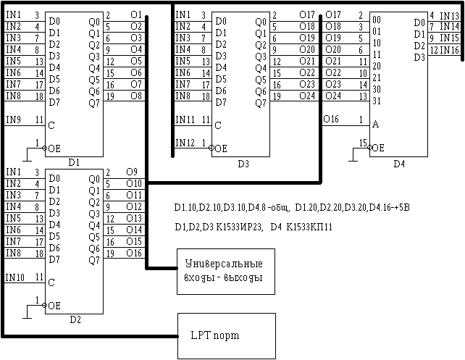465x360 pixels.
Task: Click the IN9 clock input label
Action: [14, 120]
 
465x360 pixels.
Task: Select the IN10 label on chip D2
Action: [15, 277]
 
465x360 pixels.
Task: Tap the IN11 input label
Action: [186, 120]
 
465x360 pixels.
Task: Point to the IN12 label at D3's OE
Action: [186, 142]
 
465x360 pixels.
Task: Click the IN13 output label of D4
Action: [449, 15]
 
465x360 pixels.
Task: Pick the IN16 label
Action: [449, 50]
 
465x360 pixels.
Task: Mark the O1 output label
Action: [135, 15]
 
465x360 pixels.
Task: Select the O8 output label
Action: [135, 96]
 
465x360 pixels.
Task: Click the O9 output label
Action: [131, 172]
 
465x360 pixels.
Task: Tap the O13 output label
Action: [133, 218]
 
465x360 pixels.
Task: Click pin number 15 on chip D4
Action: [363, 141]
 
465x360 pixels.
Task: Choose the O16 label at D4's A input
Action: [331, 119]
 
